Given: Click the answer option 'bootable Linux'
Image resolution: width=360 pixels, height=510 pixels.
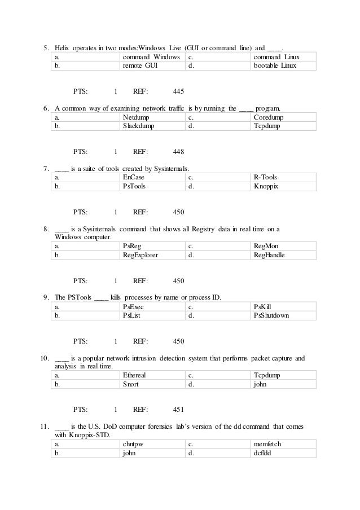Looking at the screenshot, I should (x=275, y=66).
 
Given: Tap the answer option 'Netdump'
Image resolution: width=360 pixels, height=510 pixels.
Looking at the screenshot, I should (x=136, y=117).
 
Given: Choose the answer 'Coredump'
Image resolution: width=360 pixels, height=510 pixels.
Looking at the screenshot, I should (x=269, y=117).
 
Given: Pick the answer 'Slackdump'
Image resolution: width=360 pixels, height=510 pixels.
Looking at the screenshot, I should (x=138, y=126).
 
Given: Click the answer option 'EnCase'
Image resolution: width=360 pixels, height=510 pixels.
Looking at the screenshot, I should (x=134, y=177).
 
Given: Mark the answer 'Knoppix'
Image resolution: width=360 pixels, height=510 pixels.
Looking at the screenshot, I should (x=266, y=186).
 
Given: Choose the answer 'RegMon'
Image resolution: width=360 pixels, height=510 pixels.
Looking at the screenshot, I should (x=266, y=246).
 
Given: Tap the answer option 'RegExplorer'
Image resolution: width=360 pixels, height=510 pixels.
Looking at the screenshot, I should (x=141, y=255).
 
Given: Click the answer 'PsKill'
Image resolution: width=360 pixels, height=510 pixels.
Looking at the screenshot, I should (x=264, y=306).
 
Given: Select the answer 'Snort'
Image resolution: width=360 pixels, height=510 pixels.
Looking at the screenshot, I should (x=131, y=384).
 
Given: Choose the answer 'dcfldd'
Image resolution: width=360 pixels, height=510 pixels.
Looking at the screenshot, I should (x=264, y=453).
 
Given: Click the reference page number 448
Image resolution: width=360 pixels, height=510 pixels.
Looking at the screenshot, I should (x=179, y=151).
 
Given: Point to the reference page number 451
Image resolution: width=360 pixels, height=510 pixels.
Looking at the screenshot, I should (x=179, y=409).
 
